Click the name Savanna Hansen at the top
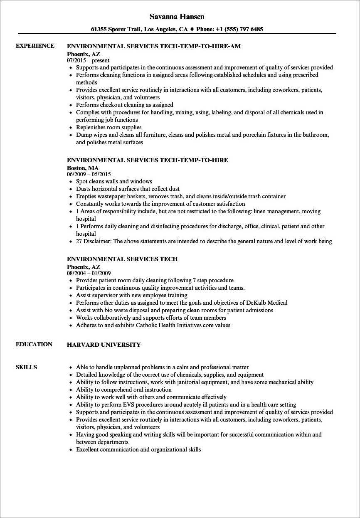click(x=177, y=17)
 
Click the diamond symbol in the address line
click(x=192, y=29)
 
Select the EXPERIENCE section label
click(x=35, y=46)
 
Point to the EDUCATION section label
click(x=34, y=344)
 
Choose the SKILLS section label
click(x=26, y=367)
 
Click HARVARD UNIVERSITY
click(x=104, y=345)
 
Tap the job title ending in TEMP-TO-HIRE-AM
click(x=154, y=46)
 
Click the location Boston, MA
click(x=83, y=168)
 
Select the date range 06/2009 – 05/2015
click(x=89, y=174)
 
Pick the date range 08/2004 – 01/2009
click(x=89, y=273)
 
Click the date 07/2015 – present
click(x=88, y=60)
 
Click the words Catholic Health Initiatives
click(x=171, y=325)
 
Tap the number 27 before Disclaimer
click(x=79, y=241)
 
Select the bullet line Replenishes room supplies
click(x=108, y=127)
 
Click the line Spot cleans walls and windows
click(x=114, y=181)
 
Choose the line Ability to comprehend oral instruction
click(x=123, y=390)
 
